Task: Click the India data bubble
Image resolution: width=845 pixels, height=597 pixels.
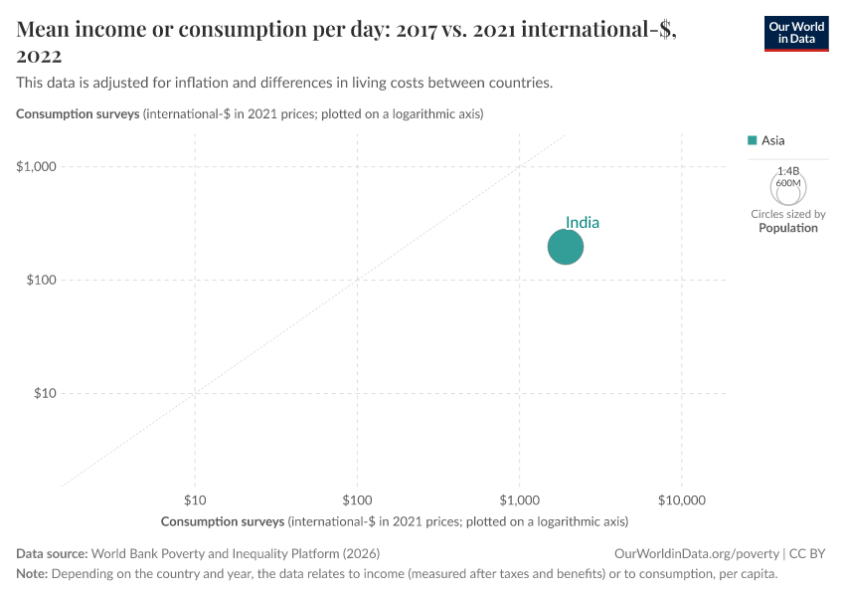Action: point(565,247)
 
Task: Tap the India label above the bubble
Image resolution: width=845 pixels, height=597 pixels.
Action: point(583,223)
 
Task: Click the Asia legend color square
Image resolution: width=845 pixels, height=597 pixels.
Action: point(753,140)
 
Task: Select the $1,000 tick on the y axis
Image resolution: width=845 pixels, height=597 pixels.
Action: point(38,166)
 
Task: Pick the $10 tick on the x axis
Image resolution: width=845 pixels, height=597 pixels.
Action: point(195,497)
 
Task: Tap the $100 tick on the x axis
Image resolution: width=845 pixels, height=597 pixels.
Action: point(357,497)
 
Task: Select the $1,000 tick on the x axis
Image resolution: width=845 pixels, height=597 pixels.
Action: point(519,497)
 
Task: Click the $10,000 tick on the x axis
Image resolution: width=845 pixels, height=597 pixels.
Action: point(681,497)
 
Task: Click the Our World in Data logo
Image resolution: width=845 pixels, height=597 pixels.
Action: point(795,33)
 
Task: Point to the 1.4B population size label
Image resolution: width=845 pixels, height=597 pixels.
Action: point(787,171)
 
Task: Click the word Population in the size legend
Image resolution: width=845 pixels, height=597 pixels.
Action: point(787,228)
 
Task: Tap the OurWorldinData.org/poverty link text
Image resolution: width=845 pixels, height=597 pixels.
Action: point(696,553)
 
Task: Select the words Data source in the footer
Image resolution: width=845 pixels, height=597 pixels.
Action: point(52,553)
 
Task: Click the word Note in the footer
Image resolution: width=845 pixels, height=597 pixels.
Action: point(31,574)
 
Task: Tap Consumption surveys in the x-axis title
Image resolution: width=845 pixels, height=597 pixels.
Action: point(222,520)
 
